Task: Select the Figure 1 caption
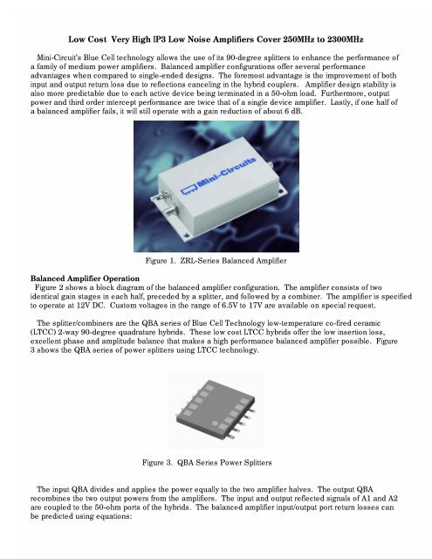[x=216, y=262]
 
